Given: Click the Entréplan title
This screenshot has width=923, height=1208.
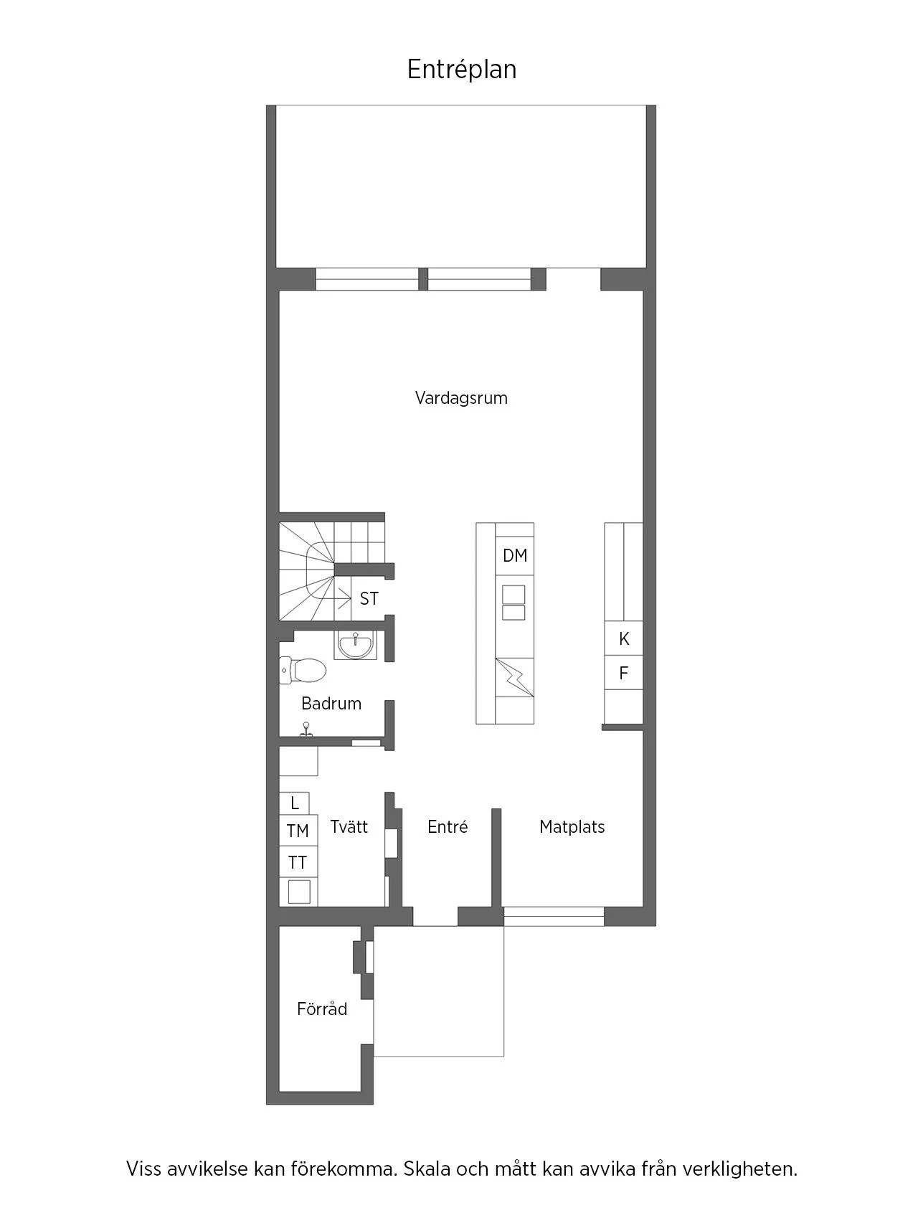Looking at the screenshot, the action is [x=462, y=70].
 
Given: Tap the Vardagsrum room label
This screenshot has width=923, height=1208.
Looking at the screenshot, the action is [x=461, y=398].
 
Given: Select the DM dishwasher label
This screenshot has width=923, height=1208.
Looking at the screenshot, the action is [x=515, y=555].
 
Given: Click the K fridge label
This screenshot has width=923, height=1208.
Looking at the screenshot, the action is [x=624, y=638].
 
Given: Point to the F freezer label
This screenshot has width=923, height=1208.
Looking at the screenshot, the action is [x=623, y=673].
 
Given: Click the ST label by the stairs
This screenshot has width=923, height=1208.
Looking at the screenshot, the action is [x=369, y=598].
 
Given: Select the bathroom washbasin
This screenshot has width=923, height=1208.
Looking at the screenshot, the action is [x=355, y=644].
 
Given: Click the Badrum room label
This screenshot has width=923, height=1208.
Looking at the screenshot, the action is [x=331, y=704].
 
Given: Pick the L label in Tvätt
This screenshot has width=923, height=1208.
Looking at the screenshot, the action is [x=294, y=803].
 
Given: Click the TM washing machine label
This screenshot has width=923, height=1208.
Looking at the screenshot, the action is [x=298, y=831].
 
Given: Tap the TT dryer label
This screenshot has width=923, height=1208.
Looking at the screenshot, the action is [x=298, y=862].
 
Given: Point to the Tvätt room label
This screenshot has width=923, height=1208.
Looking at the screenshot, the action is [x=349, y=826].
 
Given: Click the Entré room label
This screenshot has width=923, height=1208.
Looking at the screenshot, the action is [x=448, y=827].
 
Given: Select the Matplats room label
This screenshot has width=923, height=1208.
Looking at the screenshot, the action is [x=572, y=827].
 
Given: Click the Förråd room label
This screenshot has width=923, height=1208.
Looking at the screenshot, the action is [x=322, y=1009].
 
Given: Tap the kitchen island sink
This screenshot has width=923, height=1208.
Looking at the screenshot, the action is [x=514, y=603].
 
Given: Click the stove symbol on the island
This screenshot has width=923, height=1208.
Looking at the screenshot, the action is [x=514, y=677].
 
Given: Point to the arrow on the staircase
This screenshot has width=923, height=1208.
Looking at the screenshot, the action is [x=339, y=598].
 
